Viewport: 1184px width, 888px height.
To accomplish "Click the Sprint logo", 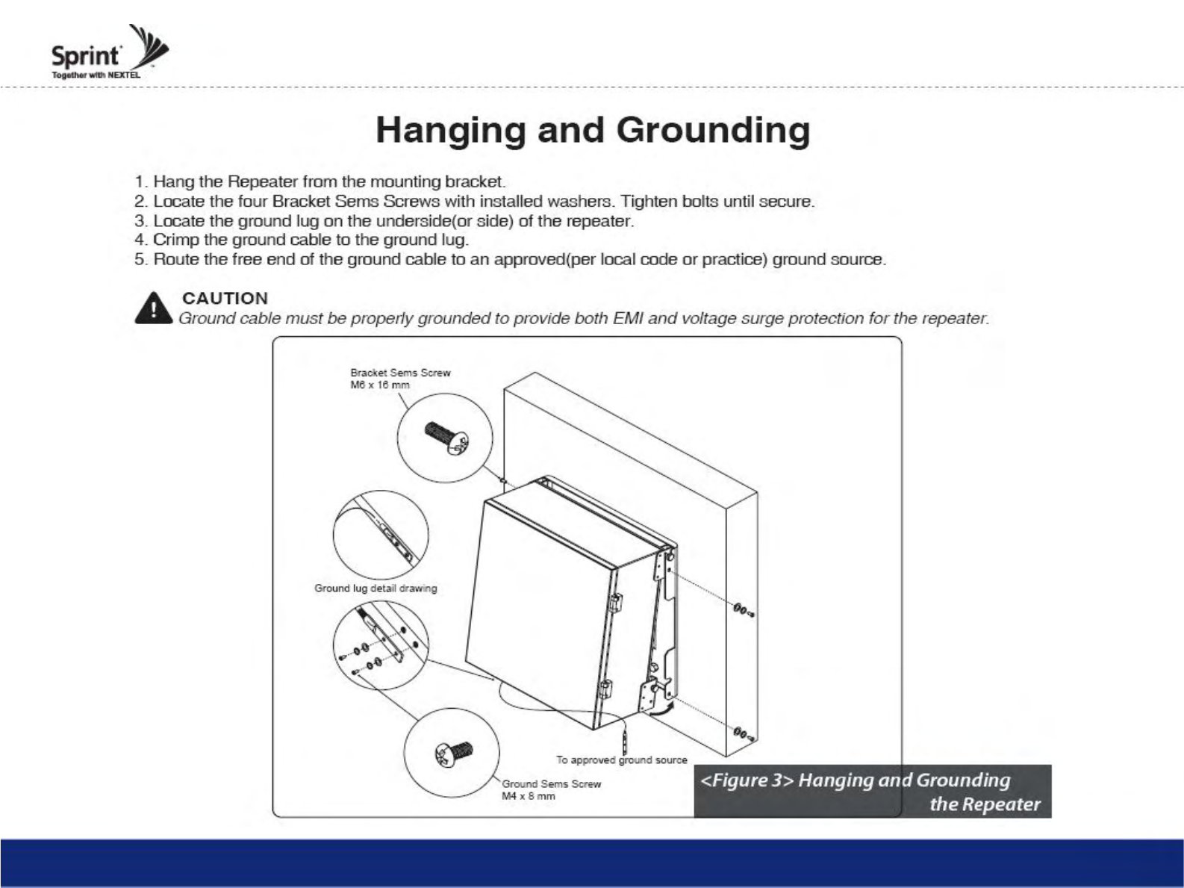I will coord(108,54).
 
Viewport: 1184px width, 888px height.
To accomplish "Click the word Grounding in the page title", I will coord(713,131).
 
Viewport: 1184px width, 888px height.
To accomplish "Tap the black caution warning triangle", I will coord(153,308).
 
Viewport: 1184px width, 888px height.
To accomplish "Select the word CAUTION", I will coord(225,298).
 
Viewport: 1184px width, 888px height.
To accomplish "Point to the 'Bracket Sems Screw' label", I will coord(400,373).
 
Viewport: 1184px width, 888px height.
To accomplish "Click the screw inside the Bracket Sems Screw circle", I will coord(446,436).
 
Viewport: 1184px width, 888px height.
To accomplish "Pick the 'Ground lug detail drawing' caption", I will coord(376,589).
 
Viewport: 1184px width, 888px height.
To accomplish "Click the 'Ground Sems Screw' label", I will coord(551,783).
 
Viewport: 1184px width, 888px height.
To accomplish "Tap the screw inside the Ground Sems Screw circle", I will coord(453,753).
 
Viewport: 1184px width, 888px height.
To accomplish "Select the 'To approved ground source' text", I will coord(621,760).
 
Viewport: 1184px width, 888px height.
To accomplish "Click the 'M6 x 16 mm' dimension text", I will coord(380,385).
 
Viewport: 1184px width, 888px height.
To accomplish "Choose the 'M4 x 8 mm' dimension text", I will coord(528,796).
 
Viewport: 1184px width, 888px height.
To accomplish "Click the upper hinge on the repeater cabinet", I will coord(617,602).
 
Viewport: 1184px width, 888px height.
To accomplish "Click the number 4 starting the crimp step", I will coord(140,240).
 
